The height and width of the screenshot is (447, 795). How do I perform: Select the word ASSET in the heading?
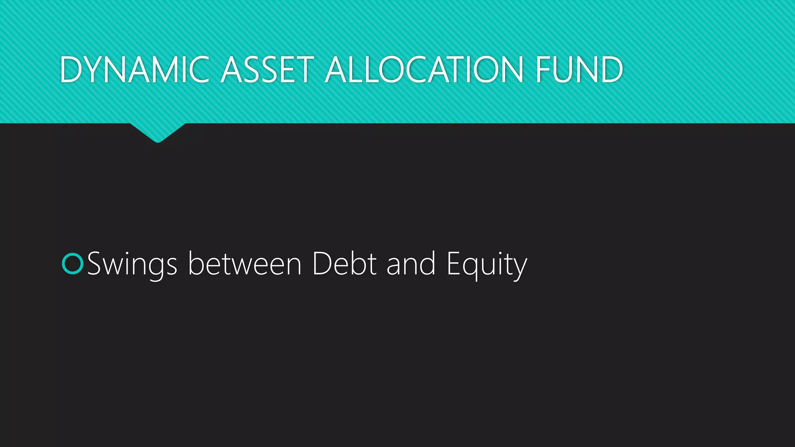coord(267,70)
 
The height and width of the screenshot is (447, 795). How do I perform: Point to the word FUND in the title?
coord(579,70)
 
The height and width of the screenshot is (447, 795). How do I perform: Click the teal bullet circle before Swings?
coord(73,264)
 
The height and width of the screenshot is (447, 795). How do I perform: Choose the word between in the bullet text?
coord(245,264)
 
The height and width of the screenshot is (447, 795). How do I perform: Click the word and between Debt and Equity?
coord(411,264)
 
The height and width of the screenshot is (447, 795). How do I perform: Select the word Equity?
coord(487,265)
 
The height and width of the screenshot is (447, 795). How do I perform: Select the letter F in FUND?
coord(543,70)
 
